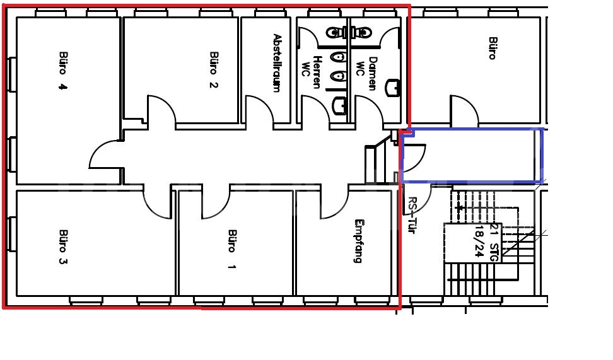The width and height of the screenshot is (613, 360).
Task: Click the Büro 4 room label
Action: [x=63, y=71]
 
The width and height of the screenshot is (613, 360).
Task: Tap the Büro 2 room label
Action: [x=213, y=70]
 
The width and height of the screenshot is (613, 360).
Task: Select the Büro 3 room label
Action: [x=63, y=247]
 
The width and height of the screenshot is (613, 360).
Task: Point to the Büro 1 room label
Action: [x=232, y=250]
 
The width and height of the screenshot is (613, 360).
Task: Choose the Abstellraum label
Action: [x=277, y=63]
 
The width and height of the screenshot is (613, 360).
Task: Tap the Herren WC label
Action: [x=312, y=73]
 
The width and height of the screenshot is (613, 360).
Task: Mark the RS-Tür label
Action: [x=412, y=215]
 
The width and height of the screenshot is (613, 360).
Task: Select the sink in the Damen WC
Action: [x=392, y=88]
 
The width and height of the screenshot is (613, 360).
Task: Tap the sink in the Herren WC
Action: [x=340, y=105]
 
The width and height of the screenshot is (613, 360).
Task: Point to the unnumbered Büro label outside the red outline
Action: [x=493, y=48]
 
